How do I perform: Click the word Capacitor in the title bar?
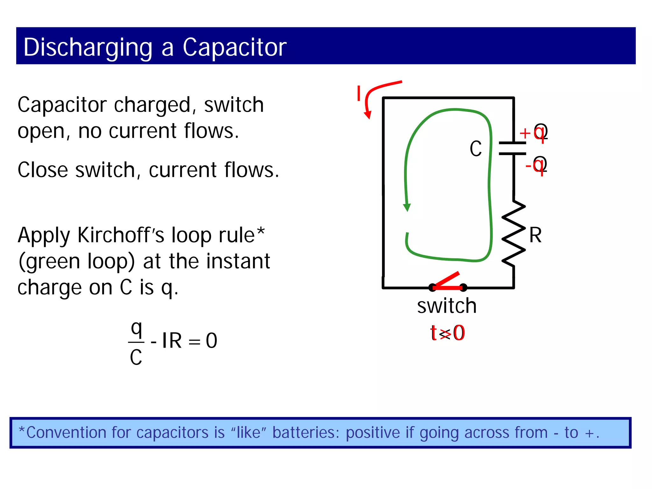point(234,47)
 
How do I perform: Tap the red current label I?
point(359,94)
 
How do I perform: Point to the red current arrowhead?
point(368,115)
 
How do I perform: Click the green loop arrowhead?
point(407,207)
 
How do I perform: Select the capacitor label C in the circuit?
point(476,149)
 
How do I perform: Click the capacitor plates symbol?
point(513,148)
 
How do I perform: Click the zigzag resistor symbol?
point(513,233)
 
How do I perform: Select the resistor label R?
point(535,236)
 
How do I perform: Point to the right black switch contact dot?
point(464,288)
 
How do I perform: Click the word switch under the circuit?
point(447,306)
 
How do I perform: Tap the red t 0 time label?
point(447,333)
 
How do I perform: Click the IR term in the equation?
point(172,341)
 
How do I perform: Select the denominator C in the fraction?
point(136,357)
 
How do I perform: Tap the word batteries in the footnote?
point(306,433)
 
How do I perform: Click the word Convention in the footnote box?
point(66,433)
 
